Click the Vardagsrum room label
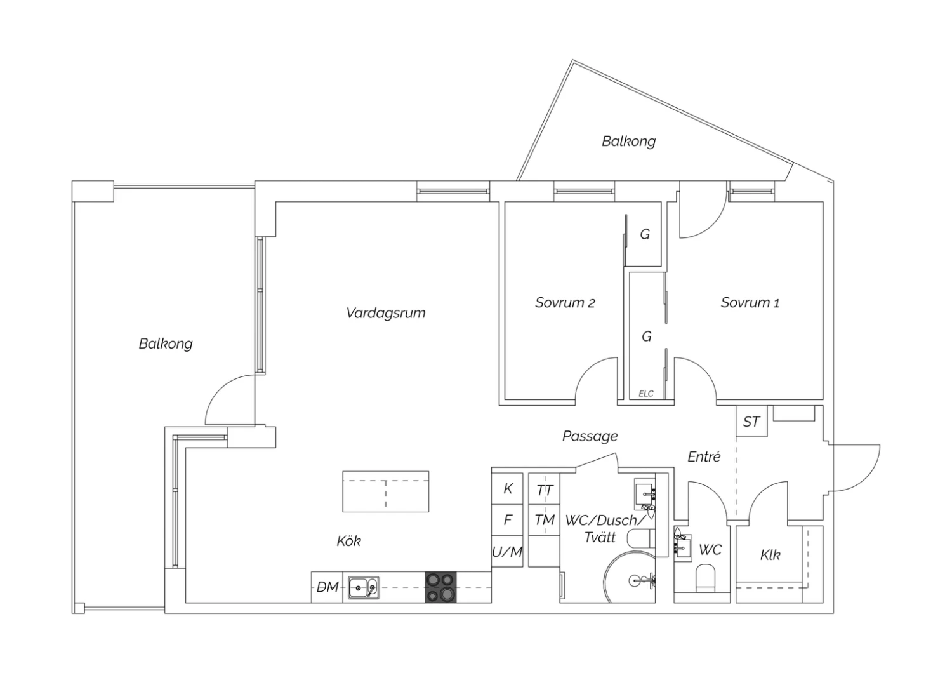(385, 314)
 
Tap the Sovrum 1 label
(750, 303)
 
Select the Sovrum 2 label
(565, 303)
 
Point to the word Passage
(590, 436)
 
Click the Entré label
(704, 456)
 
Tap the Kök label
(349, 541)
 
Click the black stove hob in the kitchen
(440, 587)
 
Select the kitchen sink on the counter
(364, 588)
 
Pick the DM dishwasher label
(327, 587)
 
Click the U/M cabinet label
(507, 552)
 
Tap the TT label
(545, 491)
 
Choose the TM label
(545, 519)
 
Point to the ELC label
(646, 394)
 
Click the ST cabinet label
(751, 422)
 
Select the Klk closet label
(770, 555)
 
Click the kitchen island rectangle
(385, 491)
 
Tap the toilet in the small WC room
(706, 578)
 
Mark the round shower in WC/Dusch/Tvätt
(630, 577)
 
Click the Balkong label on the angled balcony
(628, 141)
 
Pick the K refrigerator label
(508, 489)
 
